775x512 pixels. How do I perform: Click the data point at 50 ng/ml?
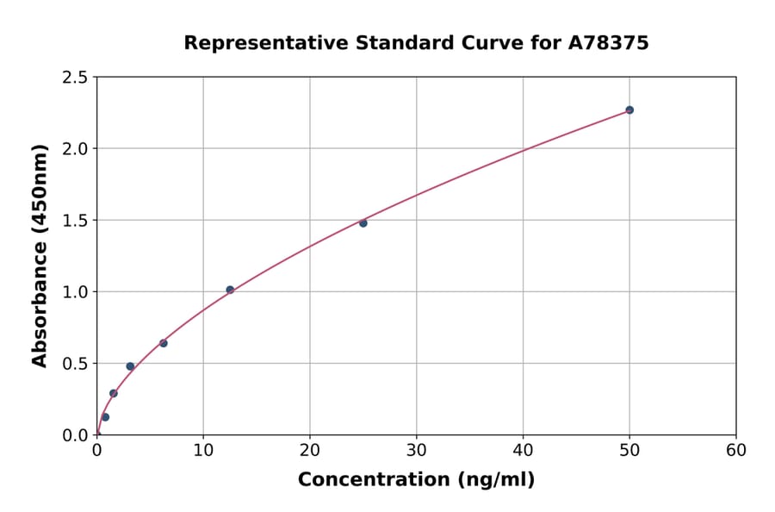pos(629,109)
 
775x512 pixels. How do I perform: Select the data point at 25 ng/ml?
pos(363,223)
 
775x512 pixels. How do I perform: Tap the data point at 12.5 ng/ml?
pos(230,290)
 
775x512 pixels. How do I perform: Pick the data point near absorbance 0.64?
pos(163,343)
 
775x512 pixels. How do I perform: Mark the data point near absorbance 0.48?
pos(130,366)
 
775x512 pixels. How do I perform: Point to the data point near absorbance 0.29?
pos(113,393)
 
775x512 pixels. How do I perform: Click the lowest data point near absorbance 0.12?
pos(105,417)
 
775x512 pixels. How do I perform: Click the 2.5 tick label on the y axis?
pos(76,78)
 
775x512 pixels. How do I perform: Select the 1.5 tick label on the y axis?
pos(76,221)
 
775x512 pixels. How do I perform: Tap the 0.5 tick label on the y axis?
pos(76,364)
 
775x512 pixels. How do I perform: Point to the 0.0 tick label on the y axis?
pos(76,435)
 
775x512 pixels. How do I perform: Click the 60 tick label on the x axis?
pos(735,451)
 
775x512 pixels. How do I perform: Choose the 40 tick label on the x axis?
pos(523,451)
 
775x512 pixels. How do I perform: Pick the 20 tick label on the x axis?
pos(310,451)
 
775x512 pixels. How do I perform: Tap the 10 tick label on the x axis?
pos(203,451)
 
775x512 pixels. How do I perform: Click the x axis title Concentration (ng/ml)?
pos(416,480)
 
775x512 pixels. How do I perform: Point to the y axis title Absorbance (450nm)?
pos(40,256)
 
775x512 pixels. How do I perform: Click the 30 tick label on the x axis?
pos(416,451)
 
